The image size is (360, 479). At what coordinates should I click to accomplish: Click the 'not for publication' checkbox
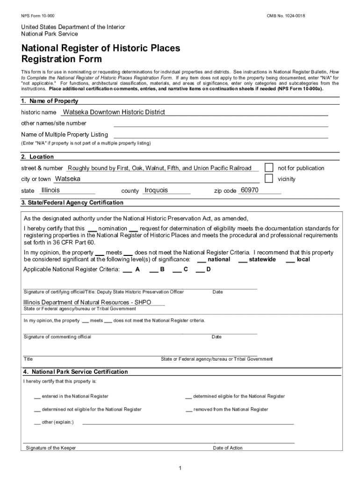coord(269,167)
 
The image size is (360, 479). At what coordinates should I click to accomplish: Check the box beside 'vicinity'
coord(269,178)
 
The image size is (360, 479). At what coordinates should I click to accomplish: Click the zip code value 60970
coord(249,190)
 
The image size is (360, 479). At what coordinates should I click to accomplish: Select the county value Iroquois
coord(156,190)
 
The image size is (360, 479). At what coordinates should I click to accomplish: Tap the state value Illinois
coord(50,190)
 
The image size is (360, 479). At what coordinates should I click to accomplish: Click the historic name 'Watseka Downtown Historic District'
coord(114,112)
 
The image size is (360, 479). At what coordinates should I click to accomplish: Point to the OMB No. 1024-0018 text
coord(286,16)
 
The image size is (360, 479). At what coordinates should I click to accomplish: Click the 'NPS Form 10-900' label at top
coord(37,16)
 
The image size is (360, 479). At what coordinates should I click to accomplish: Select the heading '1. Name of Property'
coord(50,101)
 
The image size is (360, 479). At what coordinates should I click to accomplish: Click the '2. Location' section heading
coord(37,157)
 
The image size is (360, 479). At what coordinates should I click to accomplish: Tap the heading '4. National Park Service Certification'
coord(75,372)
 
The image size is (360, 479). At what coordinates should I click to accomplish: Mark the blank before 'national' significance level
coord(202,260)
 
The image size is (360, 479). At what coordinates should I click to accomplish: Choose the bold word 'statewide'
coord(262,259)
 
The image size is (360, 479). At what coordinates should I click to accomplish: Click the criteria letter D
coord(209,269)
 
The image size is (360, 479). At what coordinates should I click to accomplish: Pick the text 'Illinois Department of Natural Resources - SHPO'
coord(87,302)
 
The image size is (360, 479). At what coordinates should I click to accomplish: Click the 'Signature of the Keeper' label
coord(51,448)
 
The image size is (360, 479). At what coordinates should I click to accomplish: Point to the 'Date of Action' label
coord(228,448)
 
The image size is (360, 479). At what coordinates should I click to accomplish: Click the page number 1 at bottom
coord(180,468)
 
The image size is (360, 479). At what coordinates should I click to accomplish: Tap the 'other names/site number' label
coord(54,123)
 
